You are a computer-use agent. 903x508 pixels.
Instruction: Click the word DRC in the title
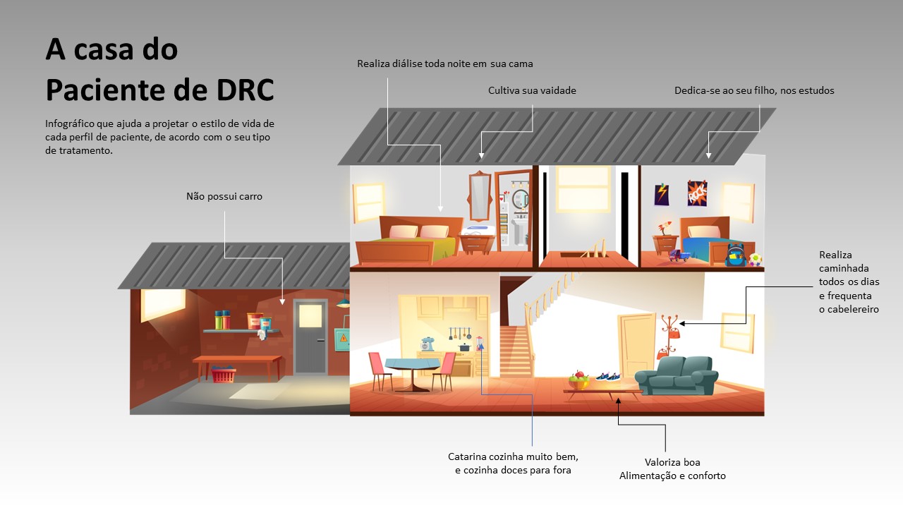[245, 90]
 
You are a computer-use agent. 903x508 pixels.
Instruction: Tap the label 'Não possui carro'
[224, 196]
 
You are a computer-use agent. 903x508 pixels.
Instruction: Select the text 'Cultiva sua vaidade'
[532, 90]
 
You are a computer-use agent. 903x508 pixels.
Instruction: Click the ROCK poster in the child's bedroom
[697, 193]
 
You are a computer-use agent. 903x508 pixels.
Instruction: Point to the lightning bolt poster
[662, 194]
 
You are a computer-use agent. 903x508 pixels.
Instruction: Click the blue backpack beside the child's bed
[736, 255]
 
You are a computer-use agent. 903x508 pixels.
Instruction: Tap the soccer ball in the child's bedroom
[756, 259]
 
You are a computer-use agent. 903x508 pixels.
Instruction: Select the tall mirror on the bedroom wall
[479, 196]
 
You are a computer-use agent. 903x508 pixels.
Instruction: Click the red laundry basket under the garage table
[224, 375]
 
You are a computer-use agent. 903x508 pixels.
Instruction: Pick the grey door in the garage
[310, 337]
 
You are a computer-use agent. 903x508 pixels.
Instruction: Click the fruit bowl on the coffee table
[579, 381]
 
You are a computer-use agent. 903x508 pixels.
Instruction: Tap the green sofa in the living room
[677, 376]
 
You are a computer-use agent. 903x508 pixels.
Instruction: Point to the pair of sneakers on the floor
[608, 377]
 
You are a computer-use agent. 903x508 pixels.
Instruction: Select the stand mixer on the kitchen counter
[427, 344]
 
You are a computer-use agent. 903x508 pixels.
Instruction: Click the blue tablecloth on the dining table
[412, 363]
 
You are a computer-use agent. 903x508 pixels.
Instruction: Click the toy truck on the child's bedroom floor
[679, 255]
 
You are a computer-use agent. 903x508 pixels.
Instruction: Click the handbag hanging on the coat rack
[675, 333]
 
